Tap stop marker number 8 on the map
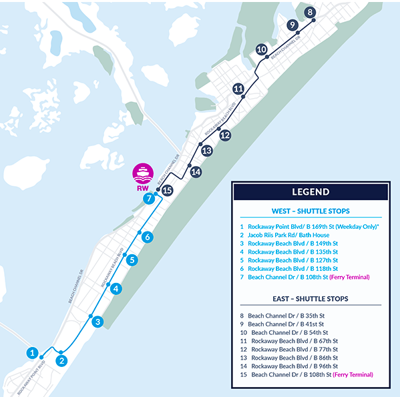309,12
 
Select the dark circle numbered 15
168,190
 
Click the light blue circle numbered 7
150,198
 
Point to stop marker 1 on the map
31,352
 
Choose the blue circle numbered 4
116,289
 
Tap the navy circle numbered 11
238,89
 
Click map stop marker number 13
206,151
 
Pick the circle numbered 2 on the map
61,361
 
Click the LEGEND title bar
310,192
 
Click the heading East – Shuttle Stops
310,298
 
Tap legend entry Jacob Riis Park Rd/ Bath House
288,235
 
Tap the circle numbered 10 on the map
262,49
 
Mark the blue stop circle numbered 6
148,237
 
